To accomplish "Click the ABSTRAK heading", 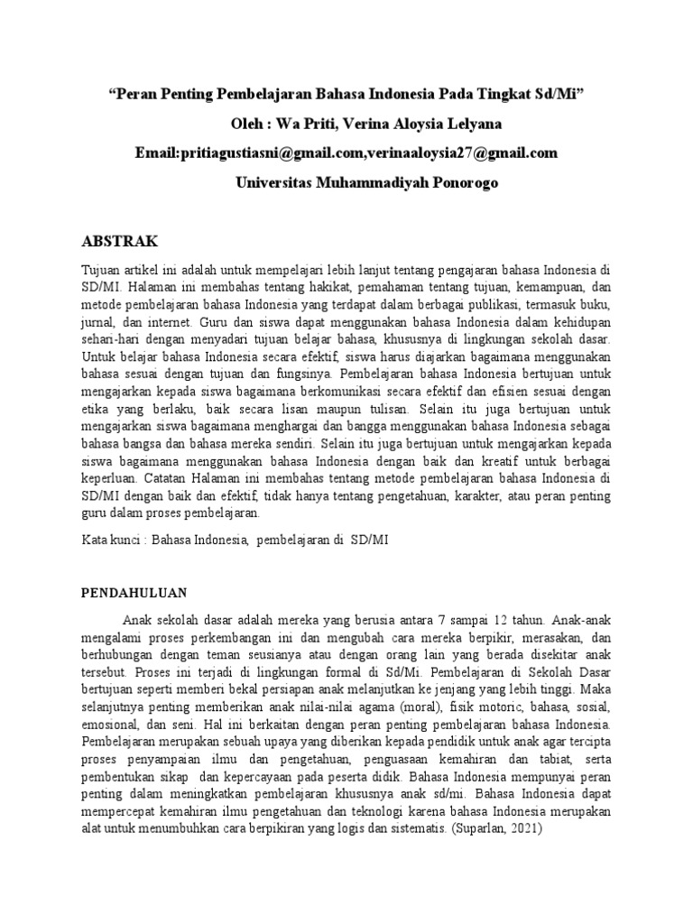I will point(120,241).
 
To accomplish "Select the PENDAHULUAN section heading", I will point(134,593).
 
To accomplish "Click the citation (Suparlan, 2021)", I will point(494,827).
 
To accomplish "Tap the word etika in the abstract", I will point(97,408).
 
